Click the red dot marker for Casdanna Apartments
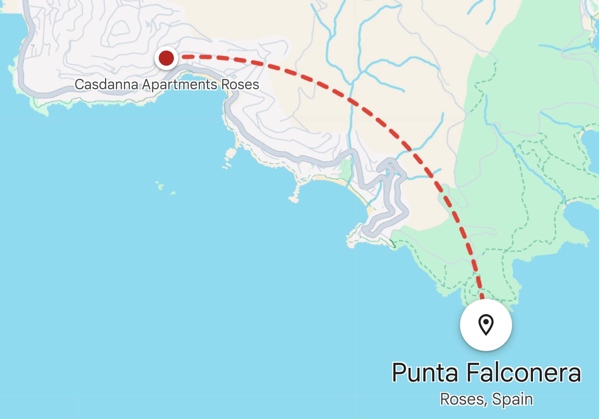pos(166,58)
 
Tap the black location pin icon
pos(486,324)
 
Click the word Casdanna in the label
pos(106,84)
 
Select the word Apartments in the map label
pos(179,84)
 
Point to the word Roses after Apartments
pos(240,84)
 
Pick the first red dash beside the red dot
pos(188,57)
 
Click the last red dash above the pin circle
pos(482,294)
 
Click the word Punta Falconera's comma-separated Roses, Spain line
pos(486,399)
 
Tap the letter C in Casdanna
pos(79,84)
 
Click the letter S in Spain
pos(496,399)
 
